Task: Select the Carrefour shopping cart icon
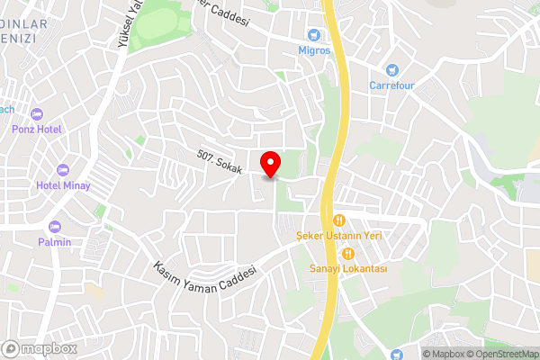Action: [x=391, y=69]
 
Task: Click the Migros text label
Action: [x=315, y=50]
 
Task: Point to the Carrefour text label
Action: [x=391, y=86]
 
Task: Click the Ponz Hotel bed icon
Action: [x=37, y=113]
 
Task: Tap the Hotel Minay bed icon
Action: [x=63, y=169]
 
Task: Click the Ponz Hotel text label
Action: [x=37, y=130]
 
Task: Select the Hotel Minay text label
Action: [x=63, y=185]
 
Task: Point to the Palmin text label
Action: [x=55, y=241]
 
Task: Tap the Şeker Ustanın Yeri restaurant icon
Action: [x=339, y=220]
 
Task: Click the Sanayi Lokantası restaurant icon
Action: [x=347, y=253]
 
